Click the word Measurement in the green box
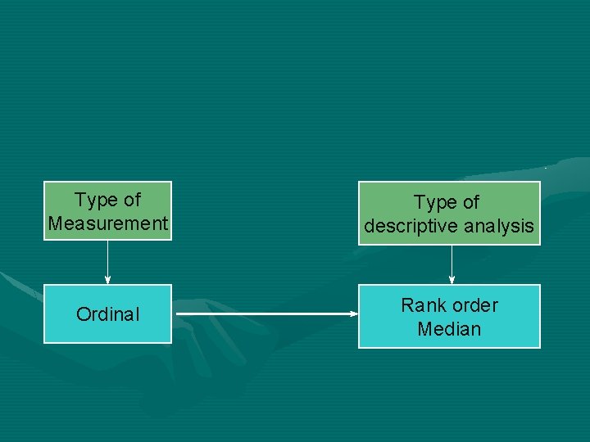pos(108,223)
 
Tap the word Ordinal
pos(108,314)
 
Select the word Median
pos(449,329)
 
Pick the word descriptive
pos(411,226)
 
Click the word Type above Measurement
pos(95,200)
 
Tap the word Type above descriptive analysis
pos(434,202)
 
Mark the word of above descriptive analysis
pos(471,202)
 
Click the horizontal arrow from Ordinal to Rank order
pos(262,313)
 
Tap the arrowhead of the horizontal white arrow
pos(353,313)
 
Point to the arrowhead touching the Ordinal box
pos(107,280)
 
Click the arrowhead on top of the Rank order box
pos(452,280)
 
